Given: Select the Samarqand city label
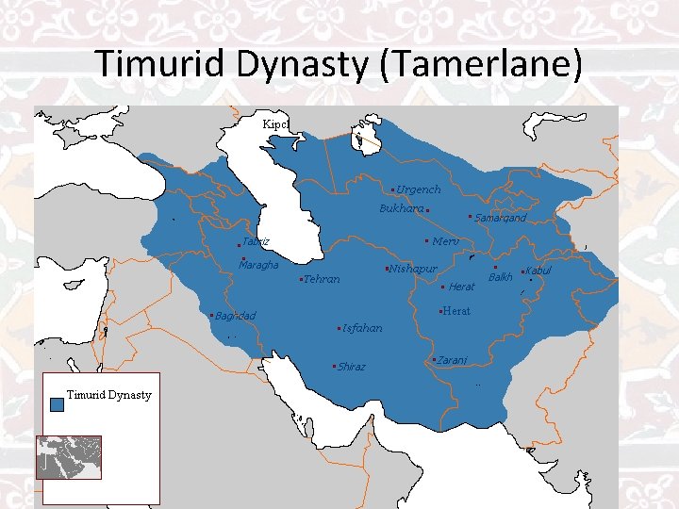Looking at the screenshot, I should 500,219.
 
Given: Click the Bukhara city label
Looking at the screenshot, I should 401,208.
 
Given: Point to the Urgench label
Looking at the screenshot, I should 418,189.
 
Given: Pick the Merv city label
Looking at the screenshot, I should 445,242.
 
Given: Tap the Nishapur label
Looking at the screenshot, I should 412,270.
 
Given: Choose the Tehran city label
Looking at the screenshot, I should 321,279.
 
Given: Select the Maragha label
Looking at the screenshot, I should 258,266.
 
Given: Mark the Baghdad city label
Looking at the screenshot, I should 236,316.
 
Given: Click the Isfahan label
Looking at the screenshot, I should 362,329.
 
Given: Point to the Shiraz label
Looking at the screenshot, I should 351,367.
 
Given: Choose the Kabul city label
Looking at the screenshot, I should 538,271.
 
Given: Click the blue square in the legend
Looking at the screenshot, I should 58,403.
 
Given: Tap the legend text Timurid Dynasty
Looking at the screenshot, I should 109,395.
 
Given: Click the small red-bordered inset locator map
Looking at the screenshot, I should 68,457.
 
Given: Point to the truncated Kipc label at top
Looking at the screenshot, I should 275,124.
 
